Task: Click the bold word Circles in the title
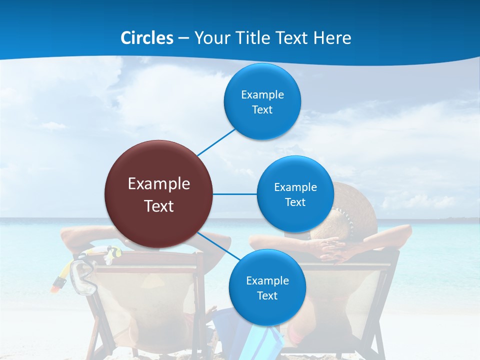tap(147, 38)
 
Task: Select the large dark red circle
tap(159, 193)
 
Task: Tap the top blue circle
tap(262, 101)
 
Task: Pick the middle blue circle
tap(295, 194)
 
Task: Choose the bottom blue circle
tap(267, 287)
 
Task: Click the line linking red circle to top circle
tap(216, 142)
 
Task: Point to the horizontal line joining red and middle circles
tap(235, 194)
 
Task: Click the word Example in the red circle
tap(159, 184)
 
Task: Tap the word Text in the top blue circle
tap(262, 110)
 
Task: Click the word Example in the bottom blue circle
tap(267, 280)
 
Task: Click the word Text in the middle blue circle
tap(295, 202)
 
